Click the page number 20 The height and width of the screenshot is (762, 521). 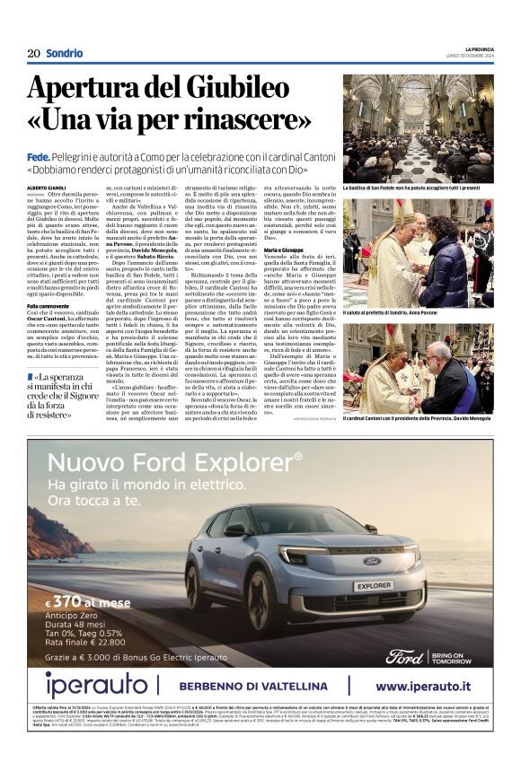coord(33,53)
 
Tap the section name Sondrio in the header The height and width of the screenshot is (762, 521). coord(64,53)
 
